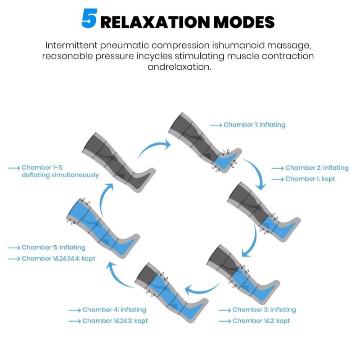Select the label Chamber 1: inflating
point(254,125)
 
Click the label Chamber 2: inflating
point(317,168)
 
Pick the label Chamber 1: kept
point(310,179)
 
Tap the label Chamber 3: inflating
point(264,310)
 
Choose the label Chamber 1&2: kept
point(261,321)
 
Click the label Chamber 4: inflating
point(114,310)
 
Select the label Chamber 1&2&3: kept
point(115,321)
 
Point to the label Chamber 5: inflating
point(54,247)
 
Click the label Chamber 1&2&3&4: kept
point(58,258)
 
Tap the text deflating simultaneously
point(60,175)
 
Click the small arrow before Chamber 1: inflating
point(216,125)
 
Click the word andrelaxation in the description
point(179,67)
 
